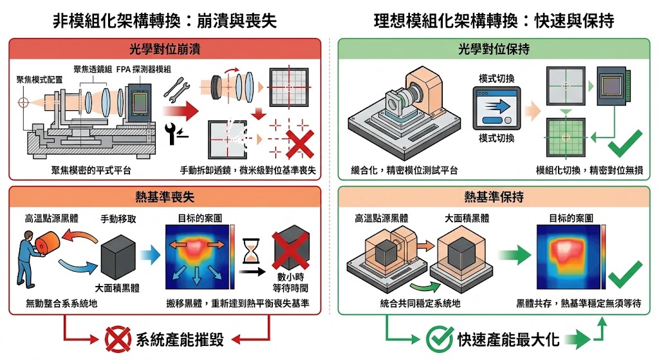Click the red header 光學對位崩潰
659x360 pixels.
pos(165,49)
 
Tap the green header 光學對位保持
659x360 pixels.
pos(494,49)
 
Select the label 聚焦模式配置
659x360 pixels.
pos(40,79)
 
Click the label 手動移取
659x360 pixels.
pos(116,218)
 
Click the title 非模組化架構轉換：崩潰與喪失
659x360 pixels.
pos(165,20)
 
